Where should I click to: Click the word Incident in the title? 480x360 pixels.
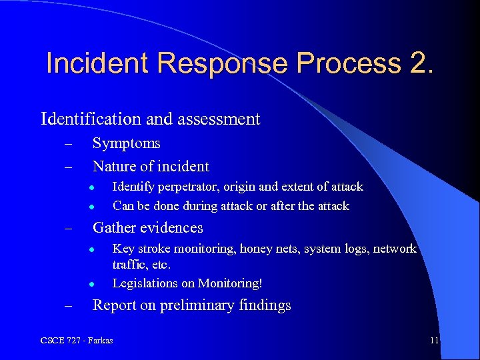pyautogui.click(x=97, y=63)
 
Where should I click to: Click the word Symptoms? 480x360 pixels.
pyautogui.click(x=126, y=143)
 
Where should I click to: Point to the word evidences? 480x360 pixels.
pyautogui.click(x=171, y=228)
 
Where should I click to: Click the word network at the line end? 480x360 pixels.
pyautogui.click(x=395, y=249)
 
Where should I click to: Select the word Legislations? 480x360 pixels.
pyautogui.click(x=143, y=283)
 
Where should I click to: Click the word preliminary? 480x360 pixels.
pyautogui.click(x=201, y=306)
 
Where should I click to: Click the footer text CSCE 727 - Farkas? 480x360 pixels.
pyautogui.click(x=77, y=341)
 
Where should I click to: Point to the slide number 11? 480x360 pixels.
pyautogui.click(x=434, y=341)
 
